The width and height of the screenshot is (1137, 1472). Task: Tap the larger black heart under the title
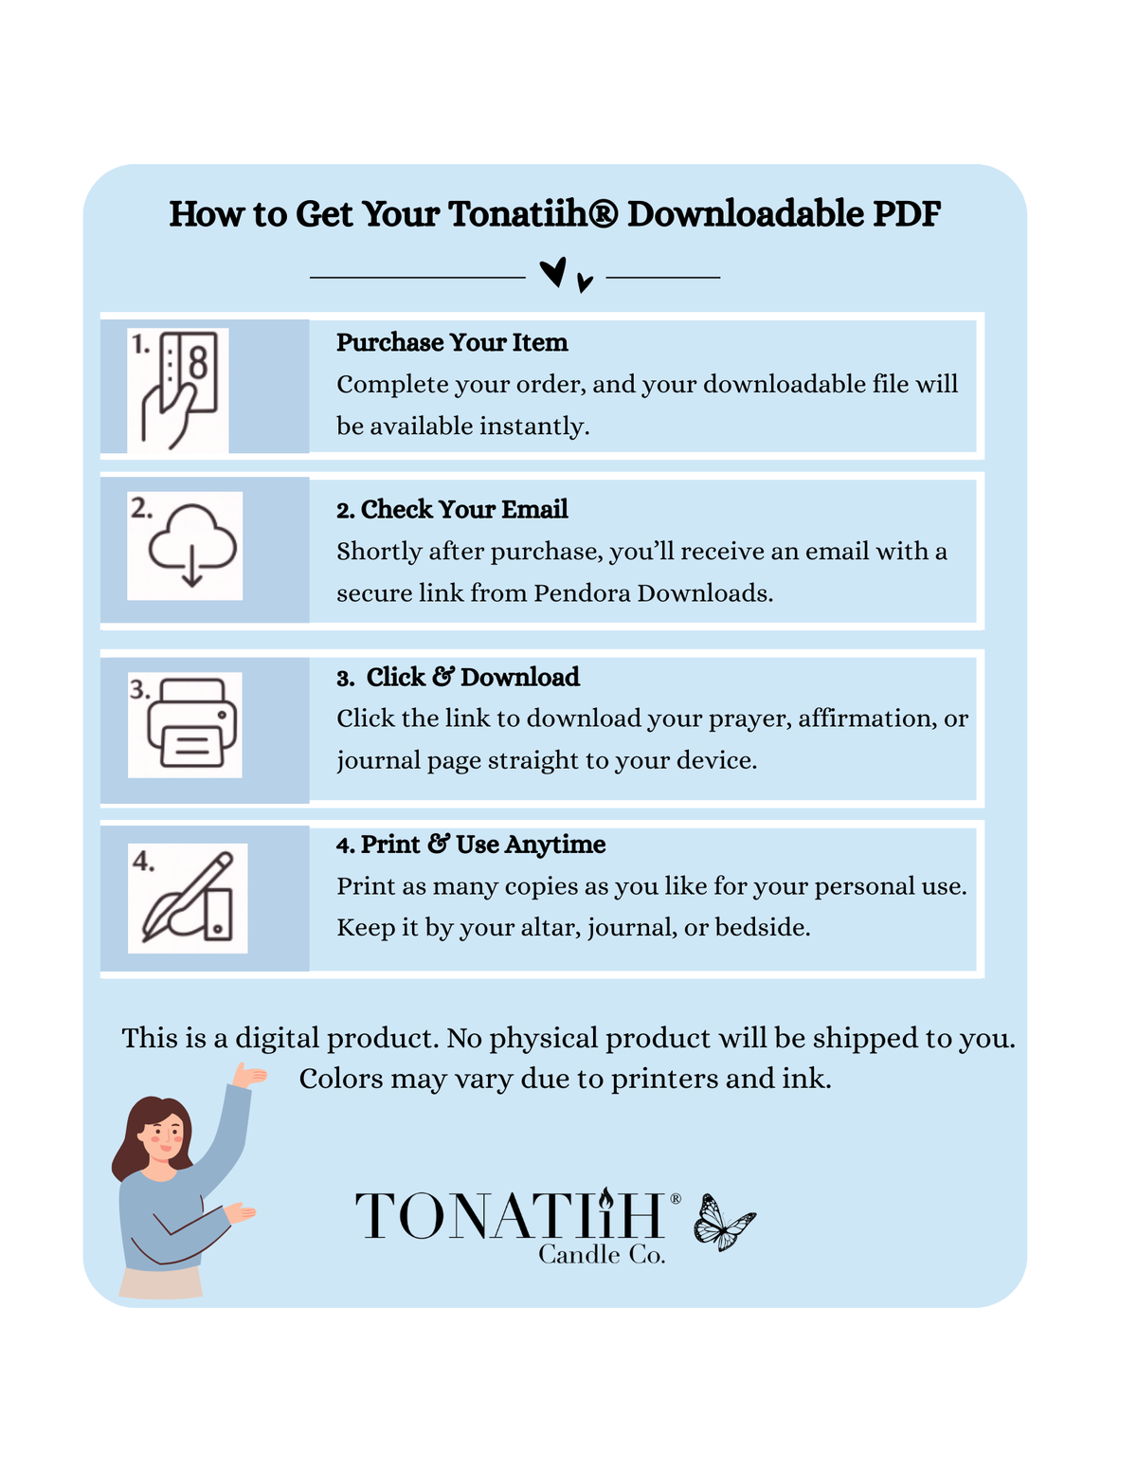tap(553, 272)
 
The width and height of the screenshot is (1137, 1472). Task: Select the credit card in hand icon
tap(179, 391)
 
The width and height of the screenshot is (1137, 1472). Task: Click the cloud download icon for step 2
tap(192, 545)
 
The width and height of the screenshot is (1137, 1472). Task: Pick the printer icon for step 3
tap(191, 723)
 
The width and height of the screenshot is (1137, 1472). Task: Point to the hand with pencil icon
tap(188, 898)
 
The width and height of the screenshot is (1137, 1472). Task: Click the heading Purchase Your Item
tap(452, 343)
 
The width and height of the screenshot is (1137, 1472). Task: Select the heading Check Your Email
tap(452, 509)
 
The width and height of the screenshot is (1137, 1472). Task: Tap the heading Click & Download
tap(459, 678)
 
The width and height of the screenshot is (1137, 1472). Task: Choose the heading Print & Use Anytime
tap(471, 845)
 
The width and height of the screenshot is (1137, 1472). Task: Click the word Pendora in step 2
tap(583, 593)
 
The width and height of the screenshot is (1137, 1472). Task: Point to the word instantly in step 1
tap(534, 427)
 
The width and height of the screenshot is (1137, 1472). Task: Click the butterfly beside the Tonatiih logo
tap(725, 1223)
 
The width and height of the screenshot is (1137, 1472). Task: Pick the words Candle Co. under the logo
tap(602, 1255)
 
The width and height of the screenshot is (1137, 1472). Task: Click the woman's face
tap(162, 1133)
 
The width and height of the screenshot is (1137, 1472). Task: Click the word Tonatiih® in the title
tap(532, 214)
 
